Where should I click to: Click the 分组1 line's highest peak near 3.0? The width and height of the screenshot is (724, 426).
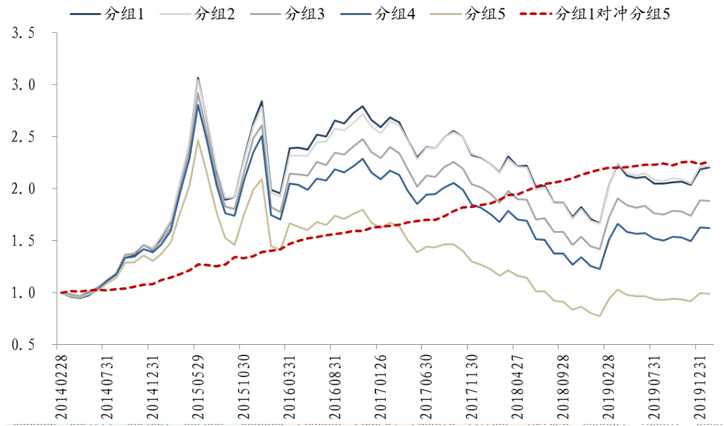click(198, 78)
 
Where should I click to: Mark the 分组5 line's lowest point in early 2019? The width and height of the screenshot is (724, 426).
click(599, 316)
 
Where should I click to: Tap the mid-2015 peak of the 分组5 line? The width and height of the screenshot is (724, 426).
click(198, 140)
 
